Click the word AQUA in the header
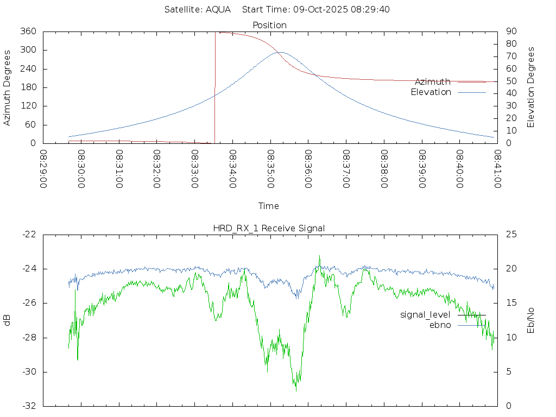coord(218,9)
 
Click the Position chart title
coord(269,25)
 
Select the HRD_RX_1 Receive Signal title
coord(269,228)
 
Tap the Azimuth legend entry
coord(433,81)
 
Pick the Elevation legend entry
coord(431,92)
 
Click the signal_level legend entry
coord(425,314)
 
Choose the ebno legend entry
coord(440,325)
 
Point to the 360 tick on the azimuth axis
coord(28,31)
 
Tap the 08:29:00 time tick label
coord(44,169)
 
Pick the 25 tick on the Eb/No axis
coord(510,234)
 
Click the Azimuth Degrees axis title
coord(8,87)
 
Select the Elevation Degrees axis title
coord(532,87)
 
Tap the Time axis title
coord(269,206)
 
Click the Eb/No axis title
coord(532,320)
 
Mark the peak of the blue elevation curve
coord(280,52)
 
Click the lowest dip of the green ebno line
coord(296,390)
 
